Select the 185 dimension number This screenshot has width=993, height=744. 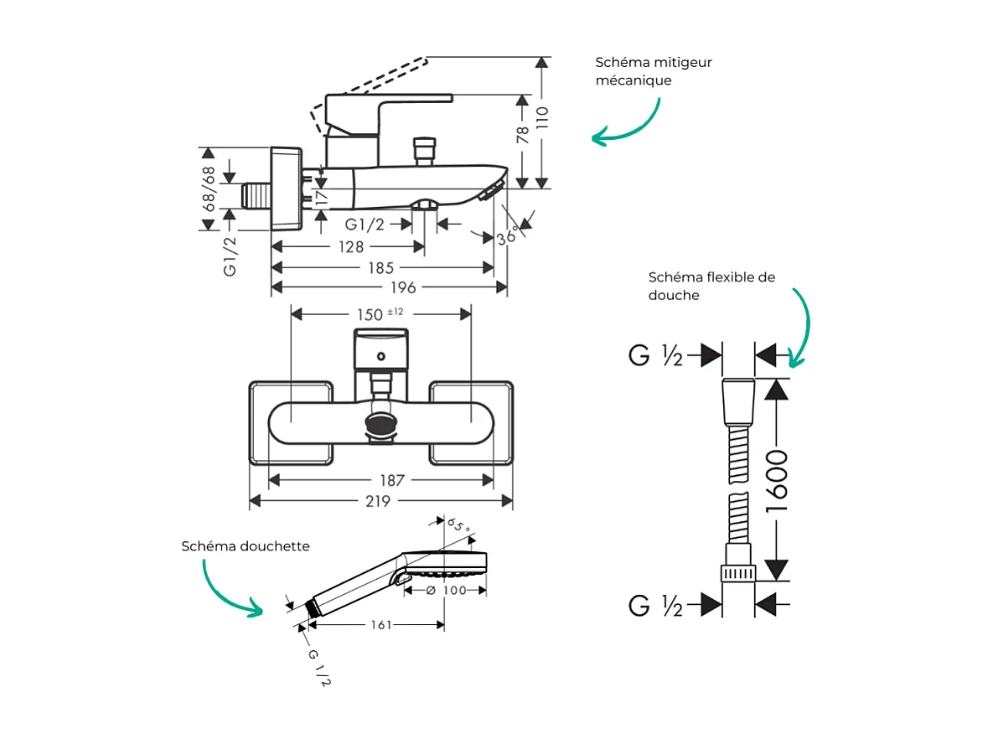click(380, 268)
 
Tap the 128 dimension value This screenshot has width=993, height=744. click(350, 247)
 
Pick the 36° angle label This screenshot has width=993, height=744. click(506, 237)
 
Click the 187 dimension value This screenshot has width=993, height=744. click(391, 481)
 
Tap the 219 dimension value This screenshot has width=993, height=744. click(378, 501)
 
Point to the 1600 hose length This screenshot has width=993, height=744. click(778, 481)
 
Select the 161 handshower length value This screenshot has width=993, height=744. click(380, 625)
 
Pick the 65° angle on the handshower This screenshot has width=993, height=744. click(458, 526)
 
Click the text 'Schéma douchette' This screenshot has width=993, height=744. click(246, 546)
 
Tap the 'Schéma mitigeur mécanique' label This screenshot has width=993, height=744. click(654, 71)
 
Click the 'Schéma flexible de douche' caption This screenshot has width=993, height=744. click(711, 286)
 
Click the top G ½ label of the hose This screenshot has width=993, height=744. click(655, 356)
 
